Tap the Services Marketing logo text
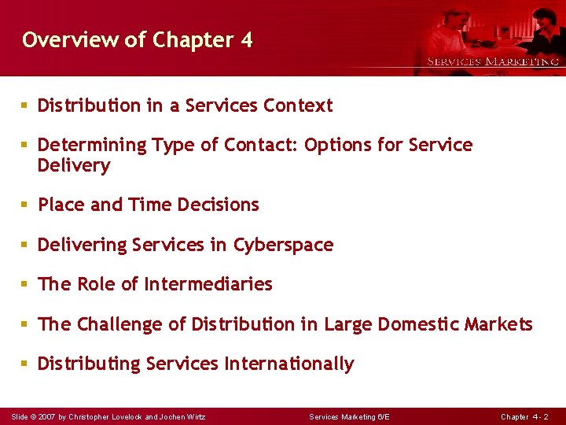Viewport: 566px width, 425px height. click(x=492, y=61)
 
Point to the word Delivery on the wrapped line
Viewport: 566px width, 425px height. click(x=74, y=165)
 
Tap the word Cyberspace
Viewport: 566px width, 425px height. click(x=283, y=246)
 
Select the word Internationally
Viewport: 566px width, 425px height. click(x=289, y=364)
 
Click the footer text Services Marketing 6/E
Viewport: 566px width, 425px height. click(x=349, y=416)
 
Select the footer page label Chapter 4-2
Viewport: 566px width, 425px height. click(x=524, y=416)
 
